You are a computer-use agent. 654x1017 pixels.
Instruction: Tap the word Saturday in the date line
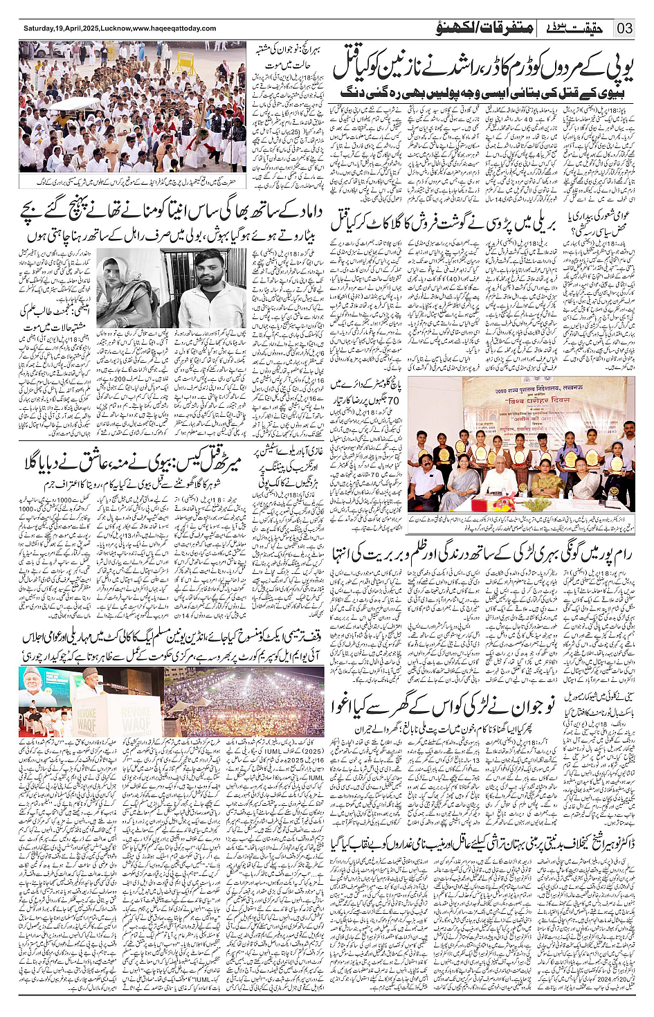pos(40,29)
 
